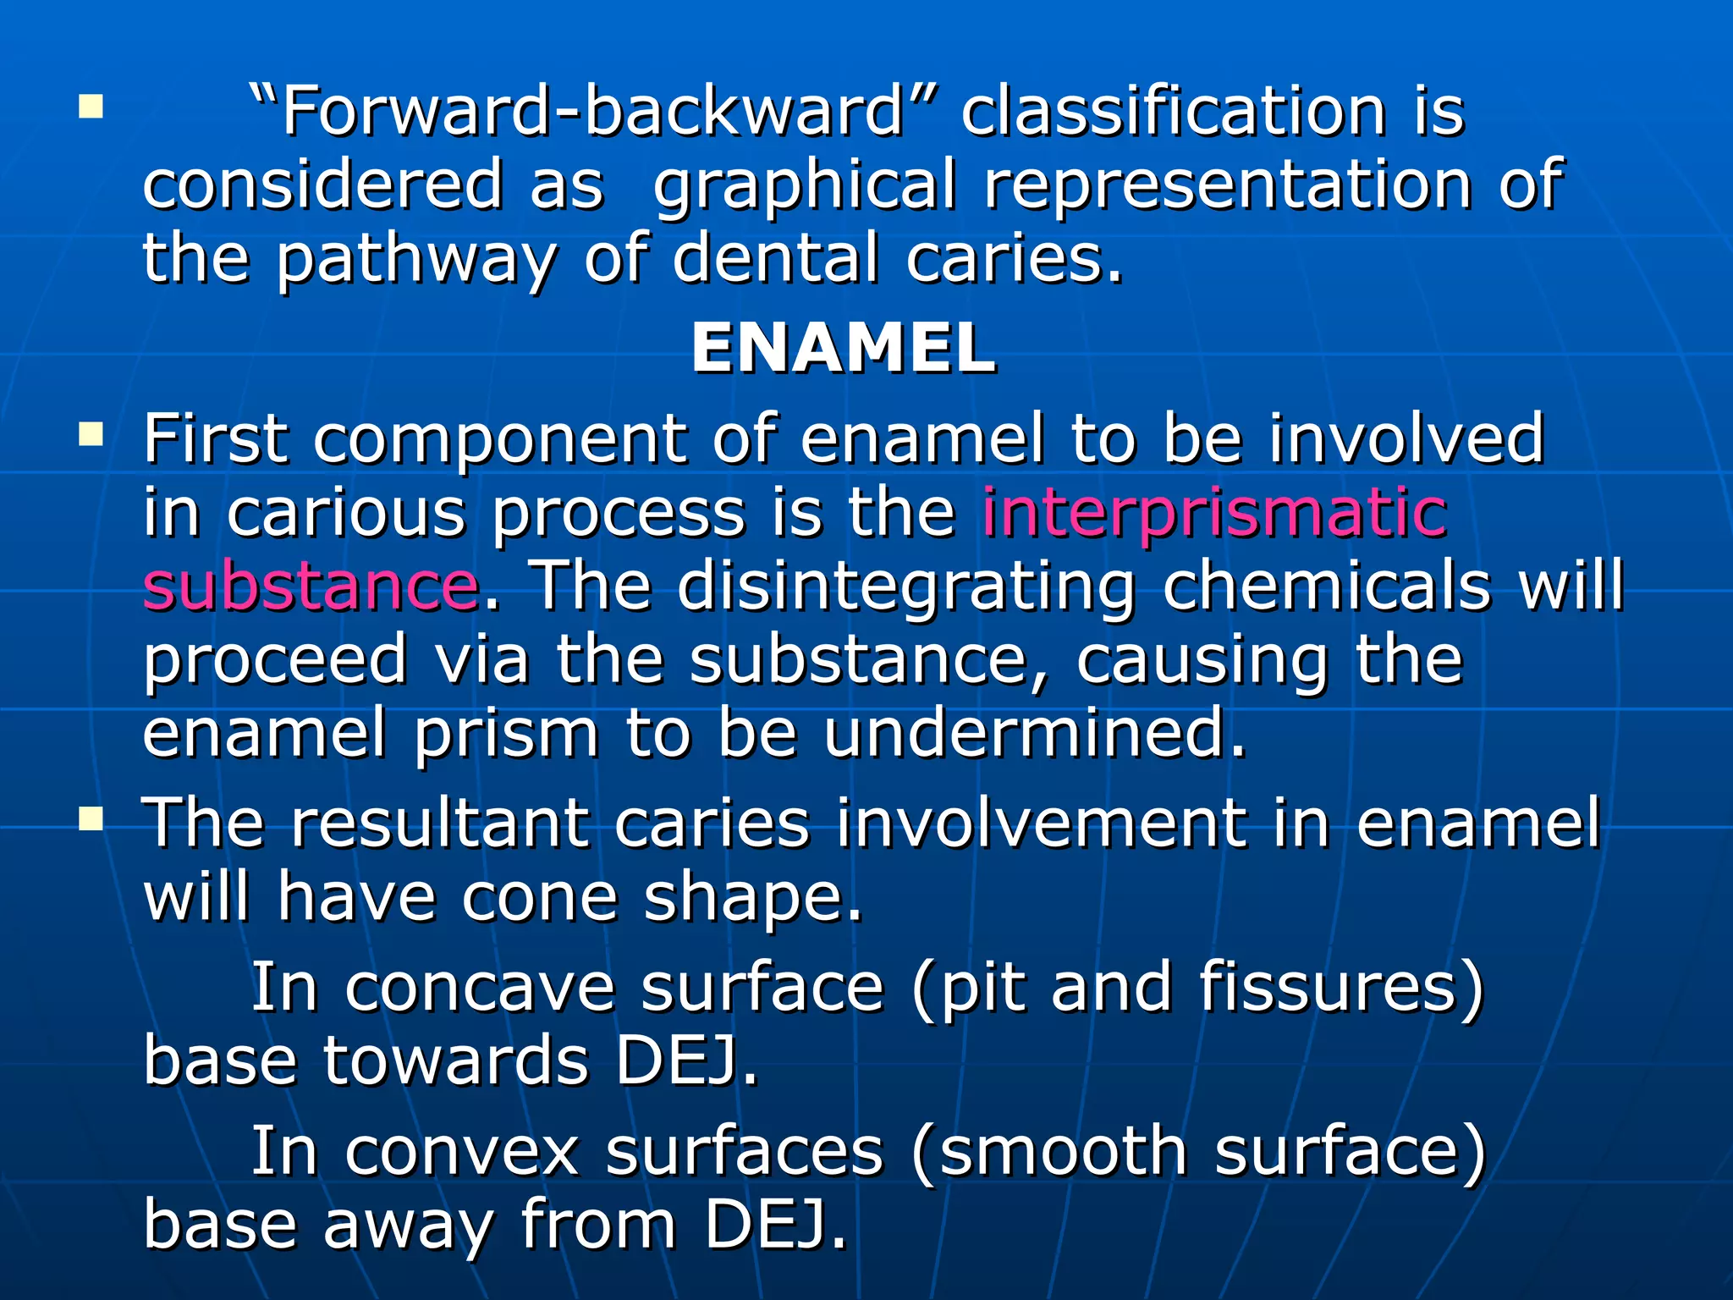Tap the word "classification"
(x=1173, y=112)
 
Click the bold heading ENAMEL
(x=844, y=349)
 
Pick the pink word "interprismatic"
(x=1214, y=513)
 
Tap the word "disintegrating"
(x=905, y=586)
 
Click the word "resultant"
(x=439, y=823)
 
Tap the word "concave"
(x=479, y=987)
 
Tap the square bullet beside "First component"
(x=91, y=437)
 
